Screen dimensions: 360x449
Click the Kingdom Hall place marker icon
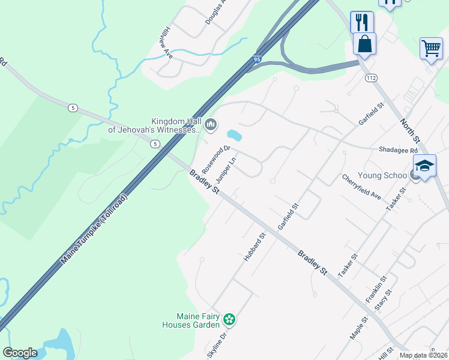coord(210,125)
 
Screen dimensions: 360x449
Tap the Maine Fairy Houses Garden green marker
coord(229,319)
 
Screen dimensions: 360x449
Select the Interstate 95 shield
coord(257,59)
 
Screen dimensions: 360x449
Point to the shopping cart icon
coord(431,48)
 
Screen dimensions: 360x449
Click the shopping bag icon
coord(364,43)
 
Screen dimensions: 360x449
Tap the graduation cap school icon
coord(424,166)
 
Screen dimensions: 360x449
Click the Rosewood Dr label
coord(216,157)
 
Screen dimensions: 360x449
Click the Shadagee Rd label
coord(397,150)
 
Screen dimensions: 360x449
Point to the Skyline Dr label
coord(217,346)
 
